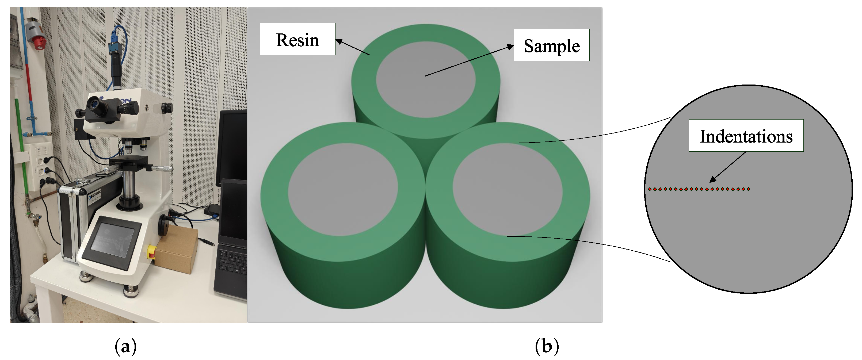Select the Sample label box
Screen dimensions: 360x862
coord(551,45)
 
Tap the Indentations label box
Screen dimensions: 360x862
coord(746,136)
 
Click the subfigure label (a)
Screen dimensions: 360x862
coord(125,346)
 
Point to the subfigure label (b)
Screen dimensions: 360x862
coord(547,346)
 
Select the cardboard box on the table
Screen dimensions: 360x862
coord(177,249)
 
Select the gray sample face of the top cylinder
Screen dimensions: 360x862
coord(426,80)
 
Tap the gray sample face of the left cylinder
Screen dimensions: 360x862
coord(343,189)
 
